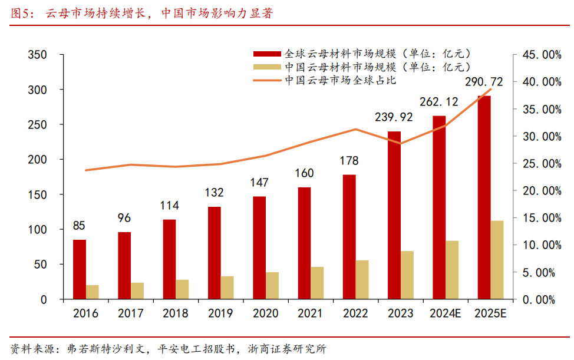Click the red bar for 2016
coord(80,269)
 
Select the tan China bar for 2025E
coord(497,260)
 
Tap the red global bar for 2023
coord(394,215)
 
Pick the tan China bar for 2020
coord(272,286)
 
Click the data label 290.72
coord(484,82)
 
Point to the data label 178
coord(349,160)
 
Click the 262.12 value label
coord(438,102)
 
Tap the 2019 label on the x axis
coord(220,313)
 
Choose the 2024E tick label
coord(446,313)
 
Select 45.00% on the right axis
coord(539,55)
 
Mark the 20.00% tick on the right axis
coord(539,191)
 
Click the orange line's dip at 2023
coord(401,143)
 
